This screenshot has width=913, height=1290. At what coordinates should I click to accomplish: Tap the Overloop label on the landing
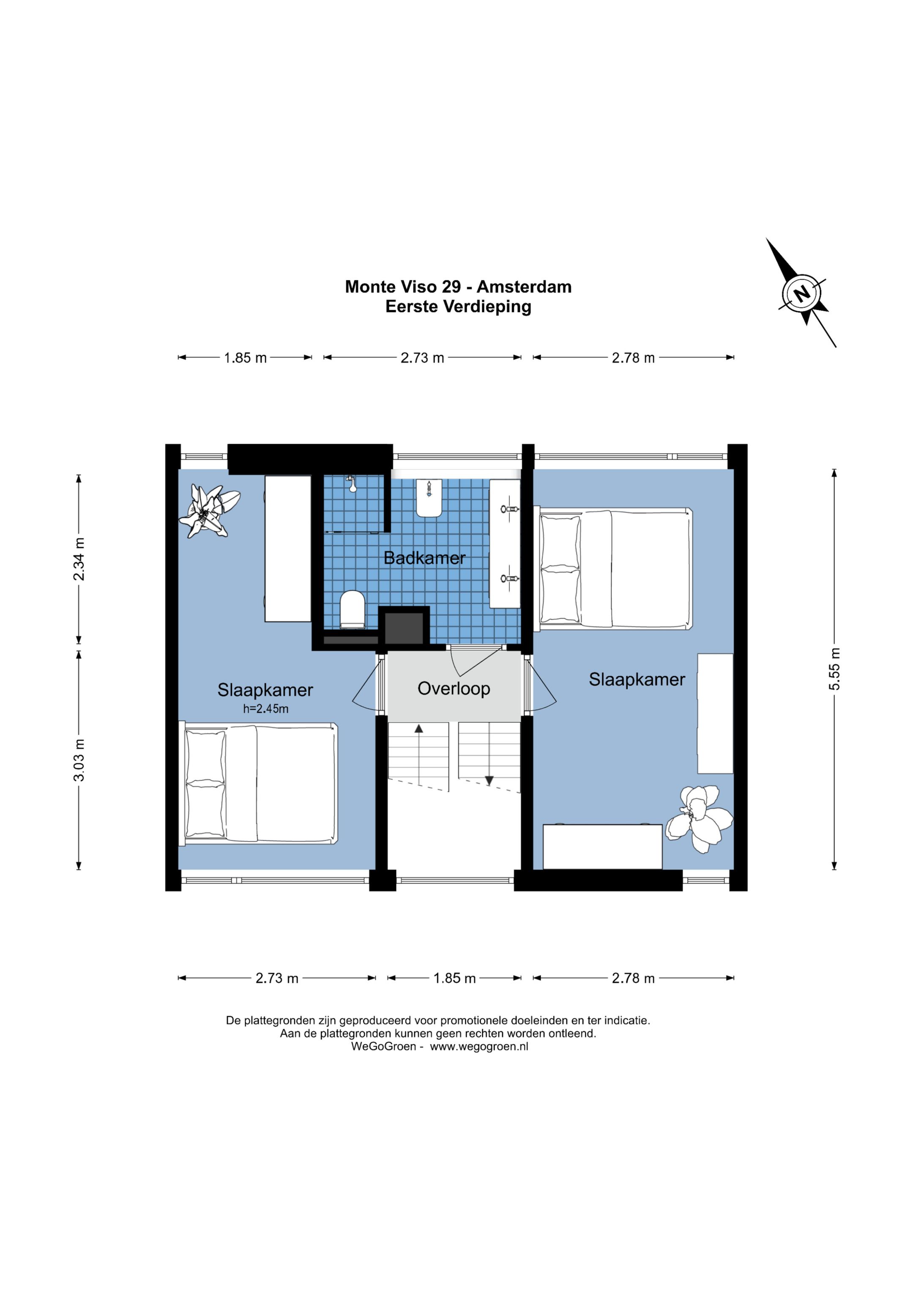(454, 688)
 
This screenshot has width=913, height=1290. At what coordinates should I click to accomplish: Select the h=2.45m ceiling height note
(266, 709)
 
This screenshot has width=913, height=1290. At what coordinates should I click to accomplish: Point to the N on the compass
(802, 293)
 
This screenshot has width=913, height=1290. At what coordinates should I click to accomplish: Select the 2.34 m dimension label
(79, 559)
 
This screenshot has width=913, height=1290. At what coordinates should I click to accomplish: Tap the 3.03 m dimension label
(79, 760)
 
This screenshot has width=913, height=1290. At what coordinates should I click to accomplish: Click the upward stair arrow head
(419, 729)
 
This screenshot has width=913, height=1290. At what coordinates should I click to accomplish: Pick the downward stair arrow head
(489, 780)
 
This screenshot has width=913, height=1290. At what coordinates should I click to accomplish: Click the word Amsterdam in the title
(524, 286)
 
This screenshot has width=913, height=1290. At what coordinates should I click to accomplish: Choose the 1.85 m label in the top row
(245, 358)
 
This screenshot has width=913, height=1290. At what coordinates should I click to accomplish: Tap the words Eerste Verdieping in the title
(458, 307)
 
